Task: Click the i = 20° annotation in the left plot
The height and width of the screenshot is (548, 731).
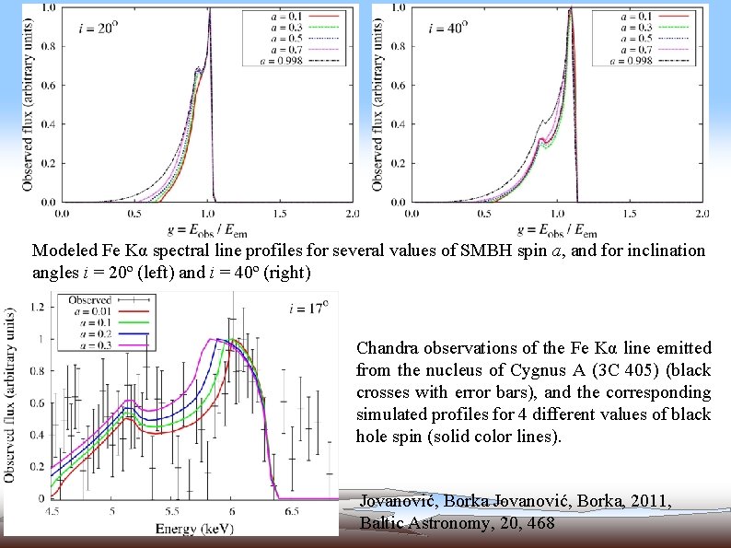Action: (100, 28)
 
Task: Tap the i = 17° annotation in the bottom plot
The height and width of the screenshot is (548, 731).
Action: (307, 309)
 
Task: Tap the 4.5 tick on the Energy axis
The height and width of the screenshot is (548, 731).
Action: (56, 510)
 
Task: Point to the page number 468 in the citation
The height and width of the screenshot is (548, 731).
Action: (541, 522)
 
